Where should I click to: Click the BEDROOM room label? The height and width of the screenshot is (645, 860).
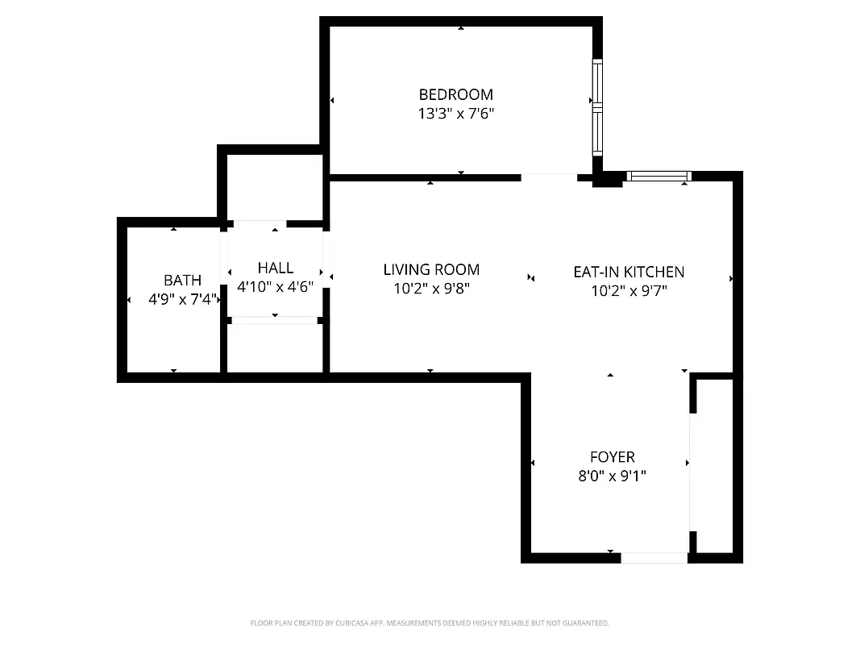pyautogui.click(x=455, y=94)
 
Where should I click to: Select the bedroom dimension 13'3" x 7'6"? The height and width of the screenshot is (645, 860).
pyautogui.click(x=455, y=114)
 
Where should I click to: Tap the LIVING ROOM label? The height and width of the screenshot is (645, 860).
pyautogui.click(x=431, y=270)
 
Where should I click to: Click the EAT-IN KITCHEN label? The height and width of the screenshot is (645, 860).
pyautogui.click(x=629, y=272)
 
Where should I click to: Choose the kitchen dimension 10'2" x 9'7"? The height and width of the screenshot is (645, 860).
pyautogui.click(x=629, y=291)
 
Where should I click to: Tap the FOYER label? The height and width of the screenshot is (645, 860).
pyautogui.click(x=612, y=457)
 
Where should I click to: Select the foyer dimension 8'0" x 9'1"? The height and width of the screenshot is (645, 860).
pyautogui.click(x=612, y=476)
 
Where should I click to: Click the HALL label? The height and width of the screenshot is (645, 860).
pyautogui.click(x=276, y=268)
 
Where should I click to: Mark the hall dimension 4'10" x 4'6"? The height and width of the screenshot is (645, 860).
pyautogui.click(x=276, y=286)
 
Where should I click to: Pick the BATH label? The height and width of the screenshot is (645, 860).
pyautogui.click(x=183, y=281)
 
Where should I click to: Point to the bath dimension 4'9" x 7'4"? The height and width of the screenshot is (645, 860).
pyautogui.click(x=183, y=299)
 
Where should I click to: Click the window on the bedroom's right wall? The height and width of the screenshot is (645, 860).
pyautogui.click(x=597, y=107)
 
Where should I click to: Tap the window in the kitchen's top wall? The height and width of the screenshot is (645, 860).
pyautogui.click(x=659, y=176)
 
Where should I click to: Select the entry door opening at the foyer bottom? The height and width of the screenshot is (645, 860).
pyautogui.click(x=654, y=557)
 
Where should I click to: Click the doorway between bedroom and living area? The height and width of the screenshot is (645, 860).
pyautogui.click(x=549, y=177)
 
